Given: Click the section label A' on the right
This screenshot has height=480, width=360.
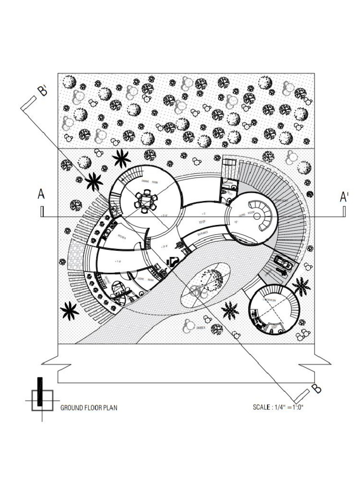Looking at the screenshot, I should (x=344, y=197).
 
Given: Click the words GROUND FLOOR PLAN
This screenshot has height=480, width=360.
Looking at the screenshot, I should (x=89, y=408).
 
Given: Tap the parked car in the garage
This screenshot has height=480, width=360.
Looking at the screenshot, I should (x=283, y=263).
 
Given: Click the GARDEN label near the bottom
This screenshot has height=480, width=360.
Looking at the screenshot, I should (x=202, y=328).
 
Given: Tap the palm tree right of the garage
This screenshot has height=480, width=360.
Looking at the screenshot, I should (x=300, y=286).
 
